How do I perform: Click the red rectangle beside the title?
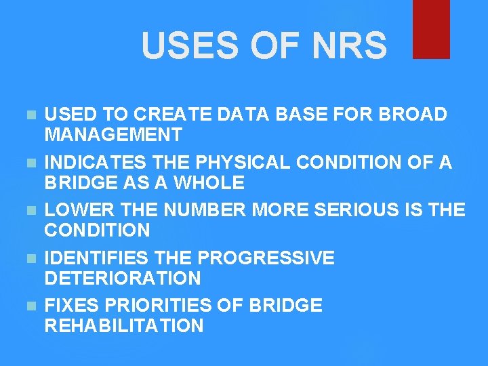432,28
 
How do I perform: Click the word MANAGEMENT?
113,135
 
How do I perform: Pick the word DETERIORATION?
123,277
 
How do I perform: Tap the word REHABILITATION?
124,325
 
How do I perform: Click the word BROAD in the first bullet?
413,115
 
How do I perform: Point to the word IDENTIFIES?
98,258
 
